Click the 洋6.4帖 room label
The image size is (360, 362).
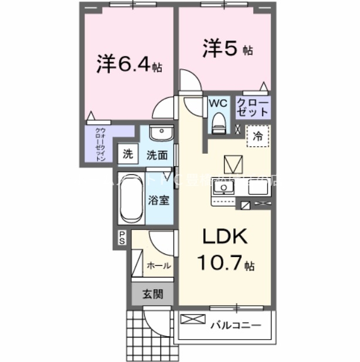tap(129, 65)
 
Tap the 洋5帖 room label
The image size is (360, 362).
tap(227, 49)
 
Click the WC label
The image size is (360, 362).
tap(218, 103)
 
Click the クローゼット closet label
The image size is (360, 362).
tap(253, 107)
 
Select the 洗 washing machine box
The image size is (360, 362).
tap(128, 155)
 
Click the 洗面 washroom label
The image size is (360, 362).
tap(158, 155)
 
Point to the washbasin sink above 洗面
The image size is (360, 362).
tap(159, 134)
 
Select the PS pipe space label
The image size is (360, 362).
tap(123, 237)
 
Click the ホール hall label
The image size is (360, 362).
tap(158, 265)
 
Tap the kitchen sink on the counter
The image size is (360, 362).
tap(223, 189)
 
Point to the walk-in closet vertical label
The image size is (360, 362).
tap(100, 144)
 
